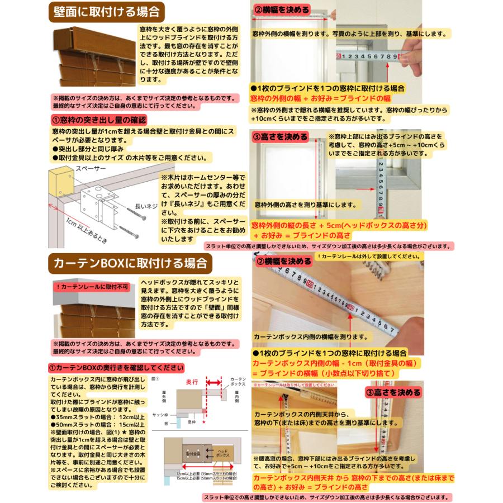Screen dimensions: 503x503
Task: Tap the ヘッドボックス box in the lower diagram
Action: (x=222, y=454)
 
